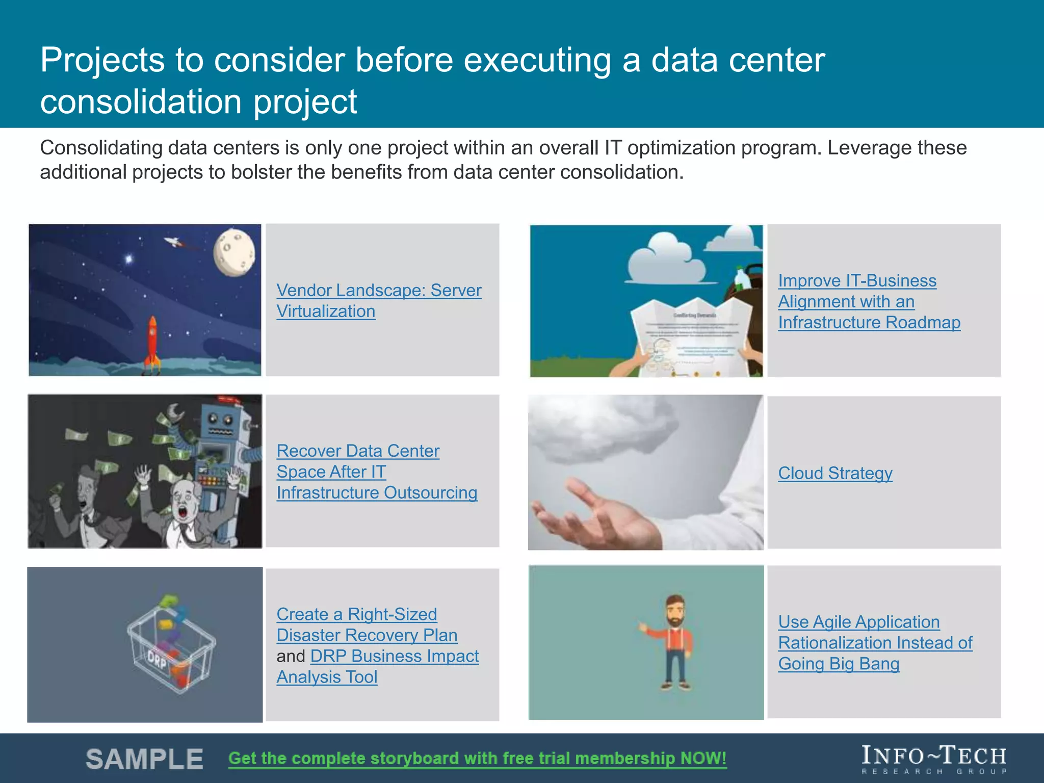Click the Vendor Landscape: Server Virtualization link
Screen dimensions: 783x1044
378,300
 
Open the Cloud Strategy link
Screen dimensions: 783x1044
834,473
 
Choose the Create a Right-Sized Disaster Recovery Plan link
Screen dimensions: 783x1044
366,624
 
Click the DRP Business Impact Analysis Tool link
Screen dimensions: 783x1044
394,657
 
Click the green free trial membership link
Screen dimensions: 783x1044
477,758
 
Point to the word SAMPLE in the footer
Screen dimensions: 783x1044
144,759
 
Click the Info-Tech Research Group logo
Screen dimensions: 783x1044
933,759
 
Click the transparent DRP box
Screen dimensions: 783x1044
171,647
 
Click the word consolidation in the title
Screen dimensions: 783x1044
140,101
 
